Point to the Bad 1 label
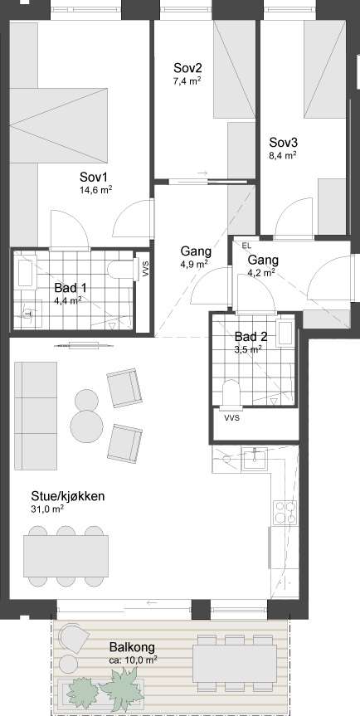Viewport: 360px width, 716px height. [71, 288]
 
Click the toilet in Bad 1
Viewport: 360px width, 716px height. [120, 269]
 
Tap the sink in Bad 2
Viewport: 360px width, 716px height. [286, 334]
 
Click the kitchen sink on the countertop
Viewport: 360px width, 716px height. [254, 459]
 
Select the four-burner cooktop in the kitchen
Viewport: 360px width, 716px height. [285, 512]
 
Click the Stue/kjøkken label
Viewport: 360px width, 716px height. [67, 496]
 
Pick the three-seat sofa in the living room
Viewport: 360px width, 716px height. [36, 416]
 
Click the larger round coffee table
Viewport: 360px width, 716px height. [87, 426]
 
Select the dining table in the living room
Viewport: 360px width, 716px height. [66, 556]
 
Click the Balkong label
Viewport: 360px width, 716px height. [132, 647]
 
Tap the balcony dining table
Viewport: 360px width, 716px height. [235, 664]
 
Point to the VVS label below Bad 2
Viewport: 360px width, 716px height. [232, 418]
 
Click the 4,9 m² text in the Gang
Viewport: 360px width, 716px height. [195, 264]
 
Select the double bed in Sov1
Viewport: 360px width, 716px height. [59, 125]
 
